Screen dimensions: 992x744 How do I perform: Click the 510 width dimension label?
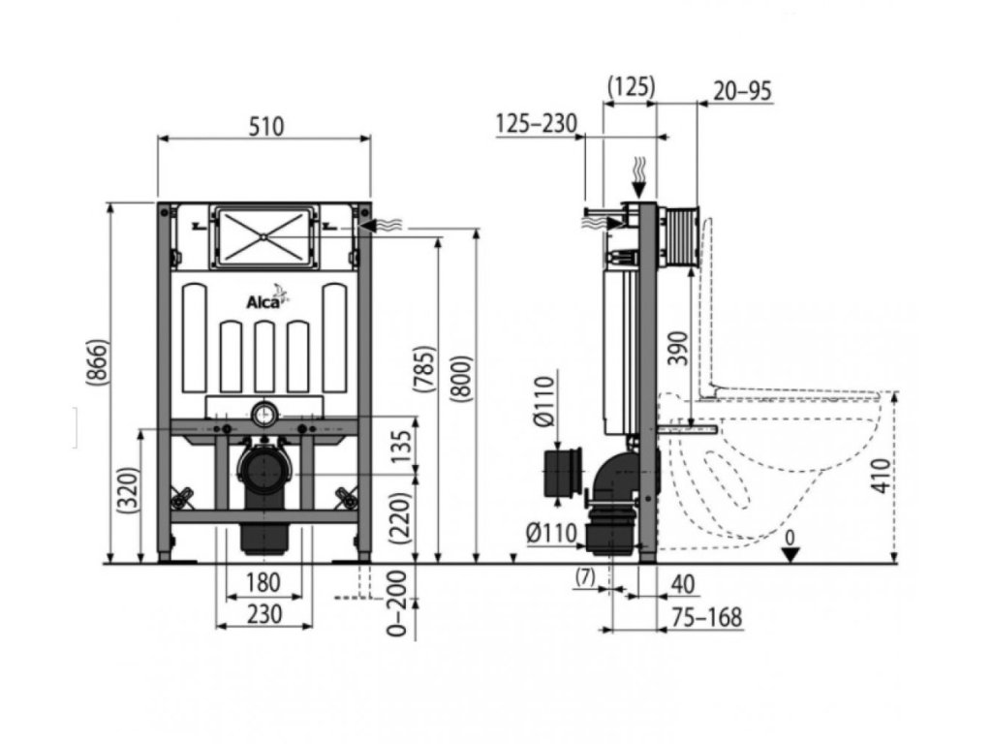[x=263, y=126]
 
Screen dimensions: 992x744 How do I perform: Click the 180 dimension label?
[x=263, y=582]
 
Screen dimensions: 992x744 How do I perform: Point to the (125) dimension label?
[x=630, y=87]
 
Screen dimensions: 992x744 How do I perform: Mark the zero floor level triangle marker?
[x=790, y=553]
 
